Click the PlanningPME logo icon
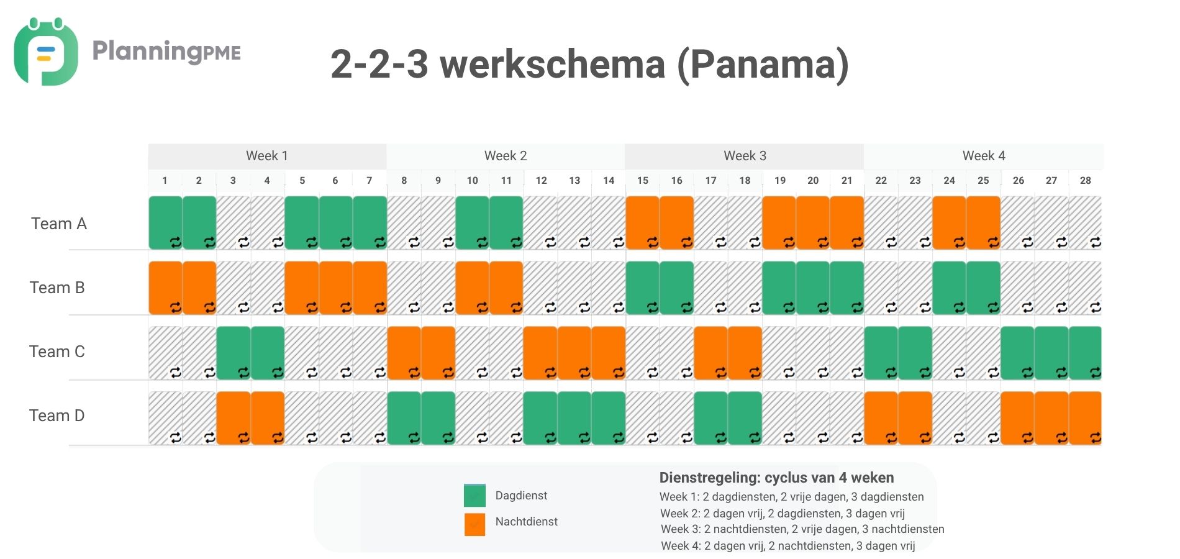(x=45, y=52)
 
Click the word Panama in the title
(x=762, y=64)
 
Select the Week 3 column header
(x=744, y=156)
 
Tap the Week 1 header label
(x=267, y=156)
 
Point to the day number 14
(x=609, y=181)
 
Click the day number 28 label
(x=1085, y=181)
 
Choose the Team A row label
(x=59, y=224)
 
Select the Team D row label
(x=57, y=416)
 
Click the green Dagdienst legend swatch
(x=474, y=496)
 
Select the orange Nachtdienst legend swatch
(x=474, y=524)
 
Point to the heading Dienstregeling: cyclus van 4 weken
(x=776, y=478)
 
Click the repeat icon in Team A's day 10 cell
(x=482, y=242)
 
